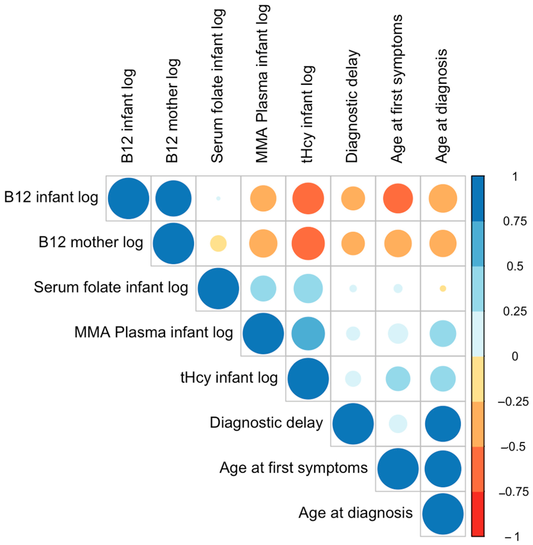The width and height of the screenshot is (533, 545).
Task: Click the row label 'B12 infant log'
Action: [51, 198]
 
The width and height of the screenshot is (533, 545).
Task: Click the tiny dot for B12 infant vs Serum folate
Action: [218, 198]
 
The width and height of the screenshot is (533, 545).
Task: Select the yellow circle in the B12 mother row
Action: [218, 244]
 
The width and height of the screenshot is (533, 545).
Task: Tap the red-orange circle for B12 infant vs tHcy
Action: [308, 198]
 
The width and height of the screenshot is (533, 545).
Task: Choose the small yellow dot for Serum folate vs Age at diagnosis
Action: [443, 289]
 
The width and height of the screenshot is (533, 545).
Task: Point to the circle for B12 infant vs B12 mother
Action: [173, 198]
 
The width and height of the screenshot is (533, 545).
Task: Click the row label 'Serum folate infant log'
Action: [111, 287]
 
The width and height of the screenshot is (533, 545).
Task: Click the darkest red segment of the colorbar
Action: [478, 514]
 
